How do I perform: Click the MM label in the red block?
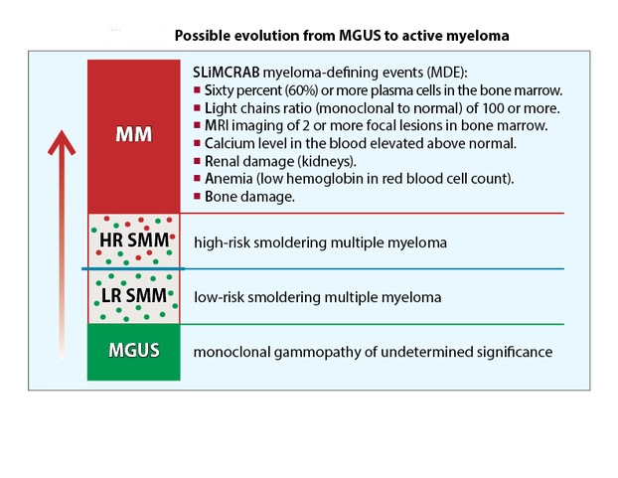pyautogui.click(x=134, y=134)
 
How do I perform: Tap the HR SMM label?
pyautogui.click(x=134, y=241)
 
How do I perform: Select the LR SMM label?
pyautogui.click(x=133, y=296)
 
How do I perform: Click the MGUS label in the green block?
pyautogui.click(x=134, y=352)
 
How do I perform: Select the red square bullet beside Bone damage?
pyautogui.click(x=198, y=198)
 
